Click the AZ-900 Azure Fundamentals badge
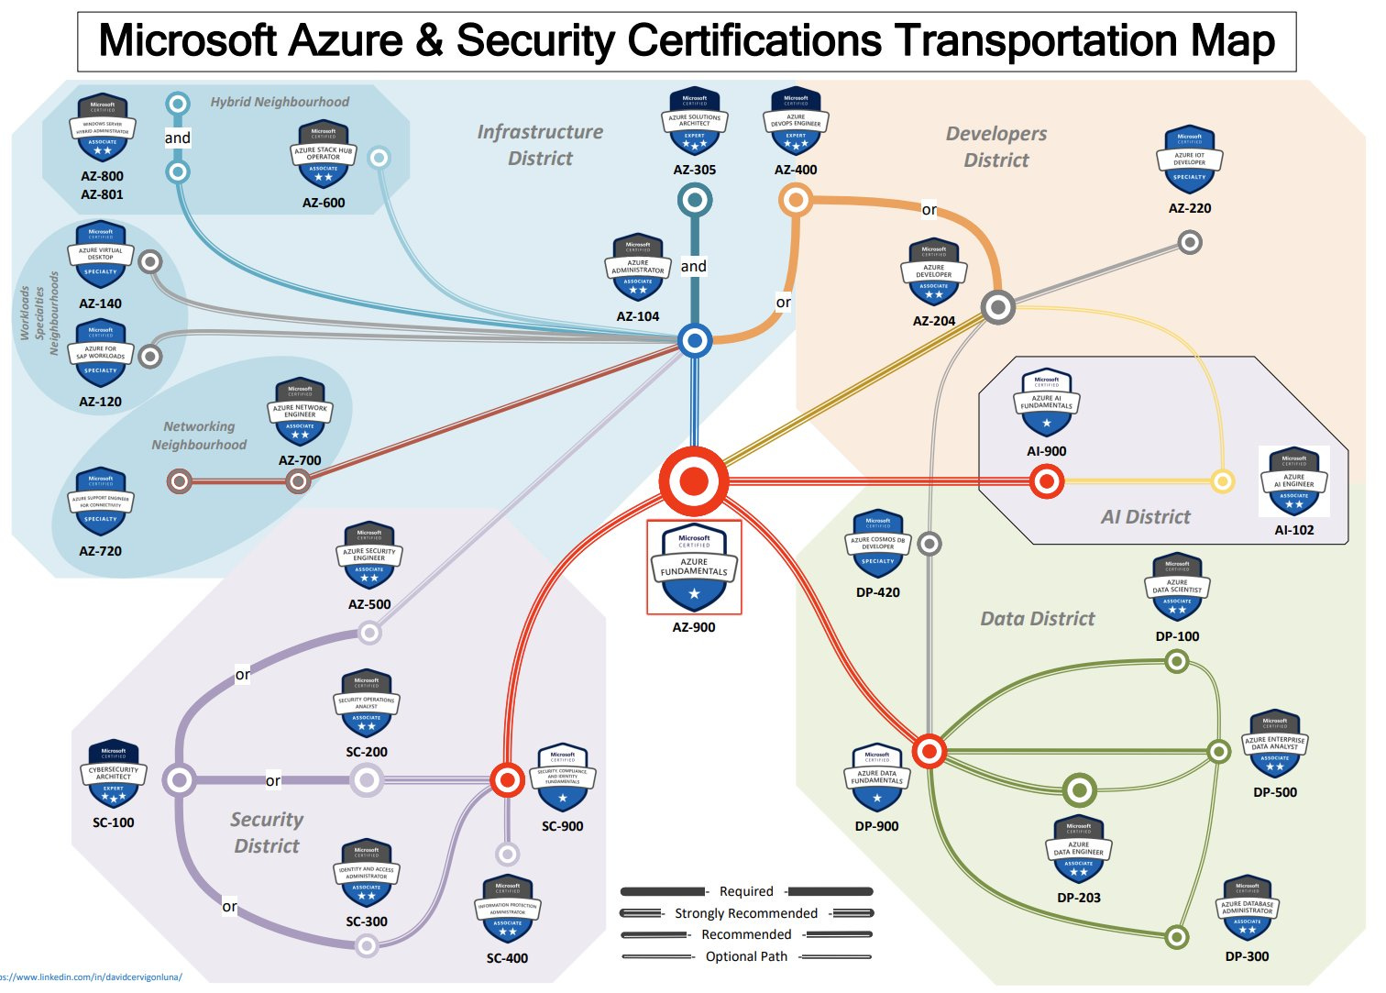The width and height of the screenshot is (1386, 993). pos(694,568)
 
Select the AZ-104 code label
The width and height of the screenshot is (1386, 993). pos(638,316)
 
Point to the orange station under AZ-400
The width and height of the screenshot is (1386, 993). pos(796,200)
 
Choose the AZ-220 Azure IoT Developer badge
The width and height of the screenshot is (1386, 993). pos(1190,161)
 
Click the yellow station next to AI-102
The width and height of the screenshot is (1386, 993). pos(1222,481)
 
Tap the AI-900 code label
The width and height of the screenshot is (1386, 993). pos(1046,451)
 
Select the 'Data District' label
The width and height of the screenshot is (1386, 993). pos(1038,619)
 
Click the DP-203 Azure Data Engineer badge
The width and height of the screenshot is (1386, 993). pos(1079,850)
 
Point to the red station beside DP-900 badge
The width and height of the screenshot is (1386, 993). pos(929,752)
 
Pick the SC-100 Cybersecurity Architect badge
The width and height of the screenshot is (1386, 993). pos(114,777)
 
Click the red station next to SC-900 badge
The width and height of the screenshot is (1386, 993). pos(507,780)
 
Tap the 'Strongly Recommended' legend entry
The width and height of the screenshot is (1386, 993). pos(746,913)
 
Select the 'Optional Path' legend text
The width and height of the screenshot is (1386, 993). pos(746,956)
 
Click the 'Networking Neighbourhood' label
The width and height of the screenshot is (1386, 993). pos(199,436)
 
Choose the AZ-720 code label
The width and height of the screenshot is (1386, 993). pos(100,551)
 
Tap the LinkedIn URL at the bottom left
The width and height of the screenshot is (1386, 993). pos(92,977)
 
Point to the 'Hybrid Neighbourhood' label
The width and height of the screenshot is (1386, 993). pos(280,102)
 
